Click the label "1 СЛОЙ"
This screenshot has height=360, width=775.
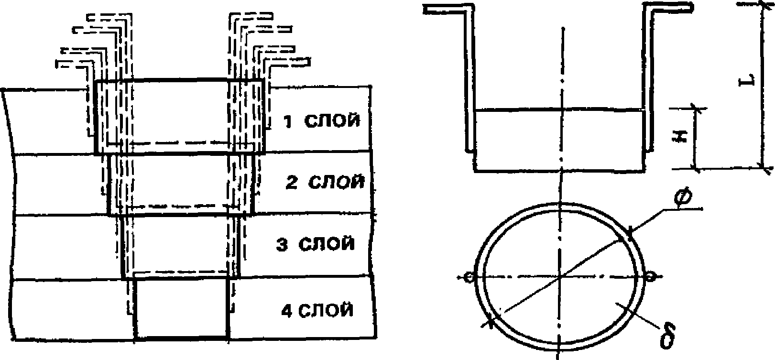[x=321, y=121]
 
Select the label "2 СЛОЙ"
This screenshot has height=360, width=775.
[x=325, y=182]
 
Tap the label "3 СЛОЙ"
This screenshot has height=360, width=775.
[x=316, y=244]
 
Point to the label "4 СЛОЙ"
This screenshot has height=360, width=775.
[x=317, y=310]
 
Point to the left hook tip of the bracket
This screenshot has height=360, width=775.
[x=427, y=8]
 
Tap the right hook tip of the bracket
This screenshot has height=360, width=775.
[x=690, y=6]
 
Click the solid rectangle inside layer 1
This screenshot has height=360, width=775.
[x=180, y=117]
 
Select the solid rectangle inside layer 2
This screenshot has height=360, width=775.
[x=181, y=185]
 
